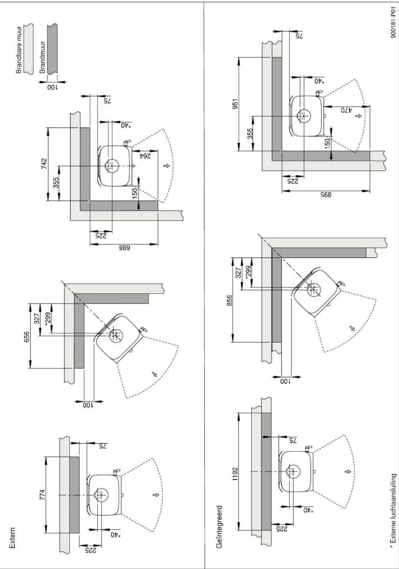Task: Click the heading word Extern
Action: [12, 538]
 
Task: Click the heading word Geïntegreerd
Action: [219, 526]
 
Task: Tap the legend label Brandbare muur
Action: [19, 50]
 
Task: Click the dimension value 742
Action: [44, 164]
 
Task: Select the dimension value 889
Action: [124, 248]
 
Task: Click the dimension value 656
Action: [27, 337]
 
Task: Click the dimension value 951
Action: [235, 103]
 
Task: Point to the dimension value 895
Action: [326, 195]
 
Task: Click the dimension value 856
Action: [229, 301]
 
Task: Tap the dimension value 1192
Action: [235, 474]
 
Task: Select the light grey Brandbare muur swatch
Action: [28, 48]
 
